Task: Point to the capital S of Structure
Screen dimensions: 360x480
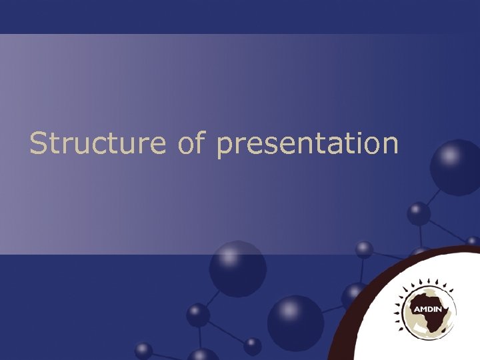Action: (x=39, y=143)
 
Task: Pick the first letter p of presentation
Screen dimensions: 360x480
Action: (x=225, y=146)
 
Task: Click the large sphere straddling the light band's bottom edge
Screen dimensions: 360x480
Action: (x=237, y=268)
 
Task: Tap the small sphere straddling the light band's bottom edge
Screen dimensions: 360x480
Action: (x=364, y=250)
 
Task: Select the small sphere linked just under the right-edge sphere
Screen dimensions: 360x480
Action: (x=419, y=213)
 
